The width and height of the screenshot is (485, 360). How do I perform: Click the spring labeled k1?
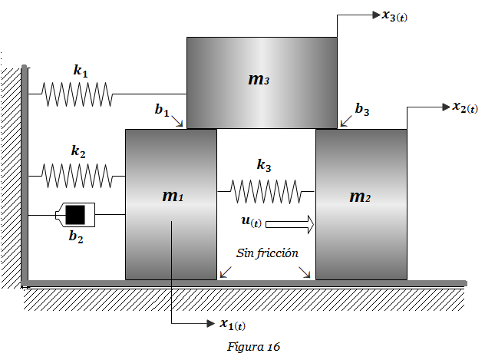pos(77,94)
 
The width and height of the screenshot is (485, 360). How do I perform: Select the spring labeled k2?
pos(77,176)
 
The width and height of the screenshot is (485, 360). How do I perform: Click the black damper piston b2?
pos(74,214)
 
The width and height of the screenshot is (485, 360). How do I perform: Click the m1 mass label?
pos(172,197)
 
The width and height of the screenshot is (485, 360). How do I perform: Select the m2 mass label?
pos(360,197)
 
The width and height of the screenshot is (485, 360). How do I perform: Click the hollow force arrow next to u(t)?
pos(291,224)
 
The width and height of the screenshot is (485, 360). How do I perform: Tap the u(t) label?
pos(251,221)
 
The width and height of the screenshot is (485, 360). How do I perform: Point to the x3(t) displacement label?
pos(394,15)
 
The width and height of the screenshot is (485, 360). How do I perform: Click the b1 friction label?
pos(162,111)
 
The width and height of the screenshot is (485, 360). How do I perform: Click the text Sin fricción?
pos(266,253)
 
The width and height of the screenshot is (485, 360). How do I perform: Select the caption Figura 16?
pos(254,347)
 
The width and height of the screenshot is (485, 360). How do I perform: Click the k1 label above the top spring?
pos(81,71)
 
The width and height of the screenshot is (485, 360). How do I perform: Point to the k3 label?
pos(264,164)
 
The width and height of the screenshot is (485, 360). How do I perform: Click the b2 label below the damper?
pos(75,236)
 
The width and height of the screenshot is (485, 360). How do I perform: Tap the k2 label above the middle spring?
pos(78,151)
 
